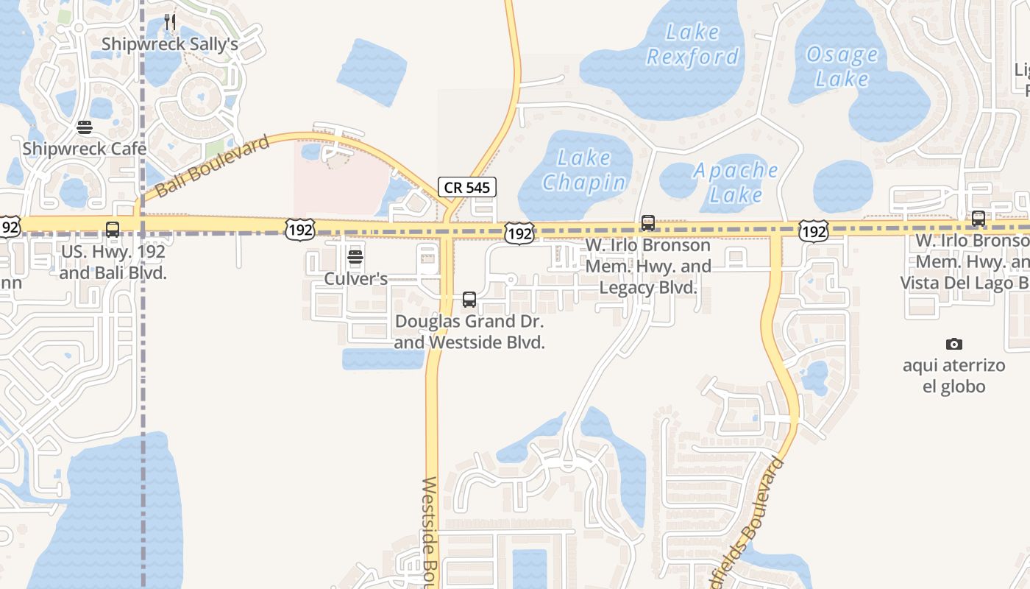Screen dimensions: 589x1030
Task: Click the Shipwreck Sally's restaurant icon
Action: (170, 22)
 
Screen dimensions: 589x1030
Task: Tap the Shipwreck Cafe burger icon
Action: (85, 127)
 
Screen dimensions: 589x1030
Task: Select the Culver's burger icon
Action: (355, 257)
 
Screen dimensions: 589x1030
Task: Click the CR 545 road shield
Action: (467, 187)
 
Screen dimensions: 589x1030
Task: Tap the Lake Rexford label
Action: (692, 44)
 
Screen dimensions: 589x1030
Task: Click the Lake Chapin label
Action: (585, 170)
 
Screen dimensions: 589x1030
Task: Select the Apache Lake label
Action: (736, 182)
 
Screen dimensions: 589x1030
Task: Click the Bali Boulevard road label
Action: (212, 166)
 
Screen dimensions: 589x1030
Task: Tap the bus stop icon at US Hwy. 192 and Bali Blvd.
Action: (113, 229)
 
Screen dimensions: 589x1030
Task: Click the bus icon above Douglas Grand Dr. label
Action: (469, 300)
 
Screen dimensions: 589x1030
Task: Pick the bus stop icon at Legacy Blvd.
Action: (647, 222)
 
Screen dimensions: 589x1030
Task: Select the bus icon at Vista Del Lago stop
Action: (978, 219)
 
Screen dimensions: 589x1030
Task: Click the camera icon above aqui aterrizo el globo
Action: (954, 344)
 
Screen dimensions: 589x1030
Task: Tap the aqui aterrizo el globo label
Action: (953, 375)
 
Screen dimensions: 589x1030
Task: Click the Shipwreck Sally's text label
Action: (169, 44)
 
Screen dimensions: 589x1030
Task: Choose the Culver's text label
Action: (355, 279)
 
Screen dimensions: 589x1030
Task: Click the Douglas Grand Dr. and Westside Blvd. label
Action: (469, 332)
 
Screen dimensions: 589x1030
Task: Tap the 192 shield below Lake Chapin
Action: (519, 234)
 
